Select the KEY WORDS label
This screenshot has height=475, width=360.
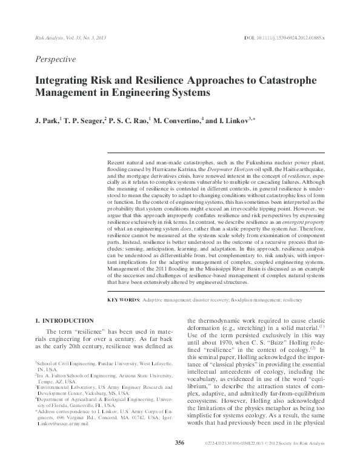pyautogui.click(x=124, y=300)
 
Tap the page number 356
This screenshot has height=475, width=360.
pyautogui.click(x=179, y=460)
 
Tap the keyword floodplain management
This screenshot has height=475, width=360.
pyautogui.click(x=256, y=300)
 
